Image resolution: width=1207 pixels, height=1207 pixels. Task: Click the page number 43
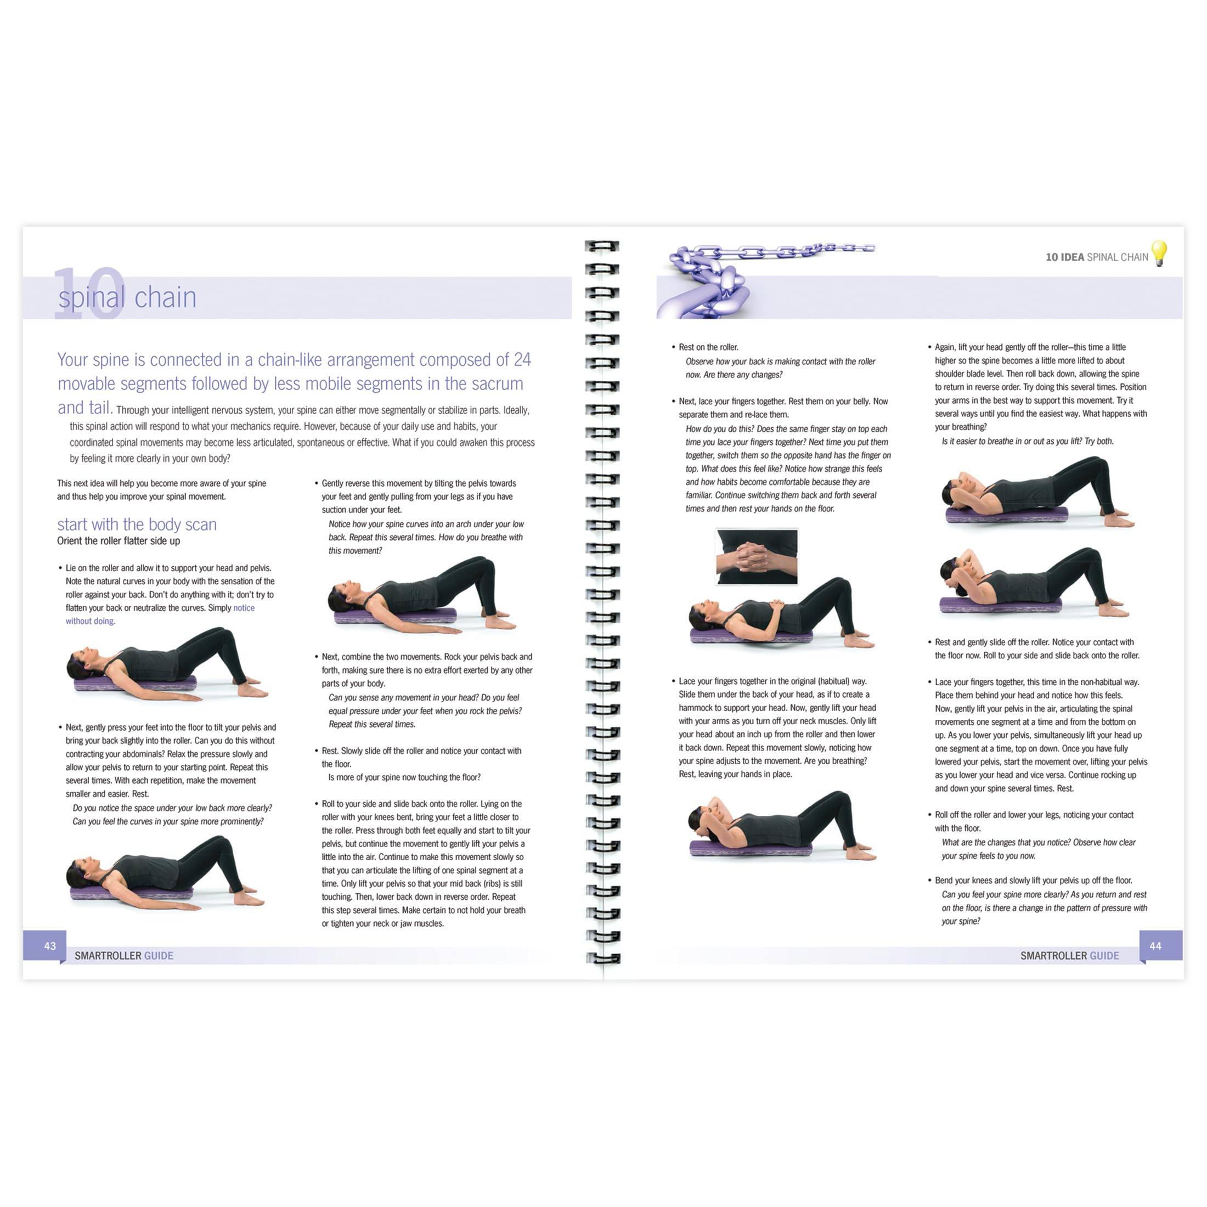point(50,946)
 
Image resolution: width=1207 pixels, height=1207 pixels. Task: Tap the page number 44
point(1155,946)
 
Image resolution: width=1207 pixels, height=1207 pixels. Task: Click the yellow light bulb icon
point(1159,253)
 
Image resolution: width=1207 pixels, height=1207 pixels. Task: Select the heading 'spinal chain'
point(127,297)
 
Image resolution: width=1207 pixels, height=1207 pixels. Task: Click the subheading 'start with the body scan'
point(137,524)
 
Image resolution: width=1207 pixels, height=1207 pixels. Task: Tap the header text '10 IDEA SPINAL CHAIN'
point(1096,257)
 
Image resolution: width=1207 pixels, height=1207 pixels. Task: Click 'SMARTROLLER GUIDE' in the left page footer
point(123,956)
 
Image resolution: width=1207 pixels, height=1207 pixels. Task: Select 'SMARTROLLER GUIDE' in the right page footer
point(1069,956)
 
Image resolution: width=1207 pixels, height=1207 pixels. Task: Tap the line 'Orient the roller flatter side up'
point(119,541)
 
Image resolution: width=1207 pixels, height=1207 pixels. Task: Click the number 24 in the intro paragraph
point(522,360)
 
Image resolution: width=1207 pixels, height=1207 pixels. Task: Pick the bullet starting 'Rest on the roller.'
point(708,347)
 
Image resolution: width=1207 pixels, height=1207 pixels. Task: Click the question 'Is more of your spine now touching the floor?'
point(404,777)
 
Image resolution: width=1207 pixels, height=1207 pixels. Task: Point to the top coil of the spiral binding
point(602,246)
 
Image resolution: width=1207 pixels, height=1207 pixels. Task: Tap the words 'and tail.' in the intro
point(85,408)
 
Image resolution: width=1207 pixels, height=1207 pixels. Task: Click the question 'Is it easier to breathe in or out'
point(1027,441)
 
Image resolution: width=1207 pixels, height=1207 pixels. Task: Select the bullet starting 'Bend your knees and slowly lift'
point(1033,880)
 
